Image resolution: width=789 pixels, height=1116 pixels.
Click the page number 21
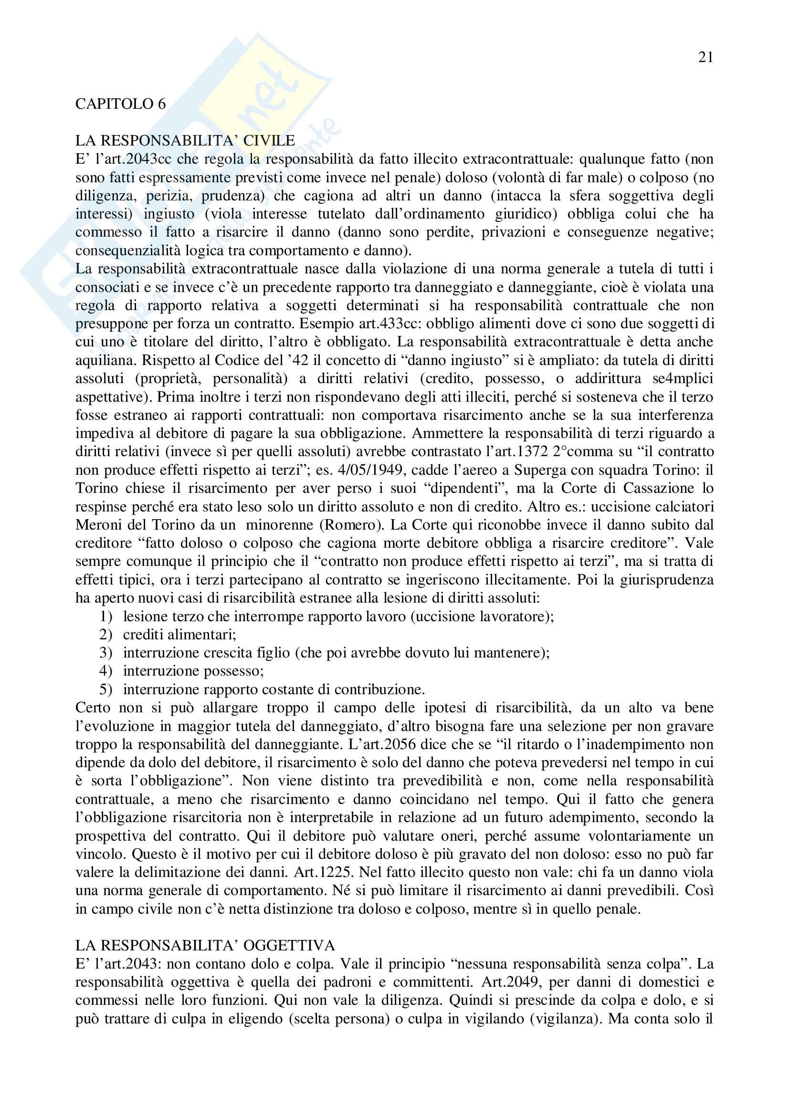click(x=705, y=58)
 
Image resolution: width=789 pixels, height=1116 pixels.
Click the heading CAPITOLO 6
click(x=121, y=104)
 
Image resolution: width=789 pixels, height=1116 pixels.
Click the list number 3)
click(x=106, y=653)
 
